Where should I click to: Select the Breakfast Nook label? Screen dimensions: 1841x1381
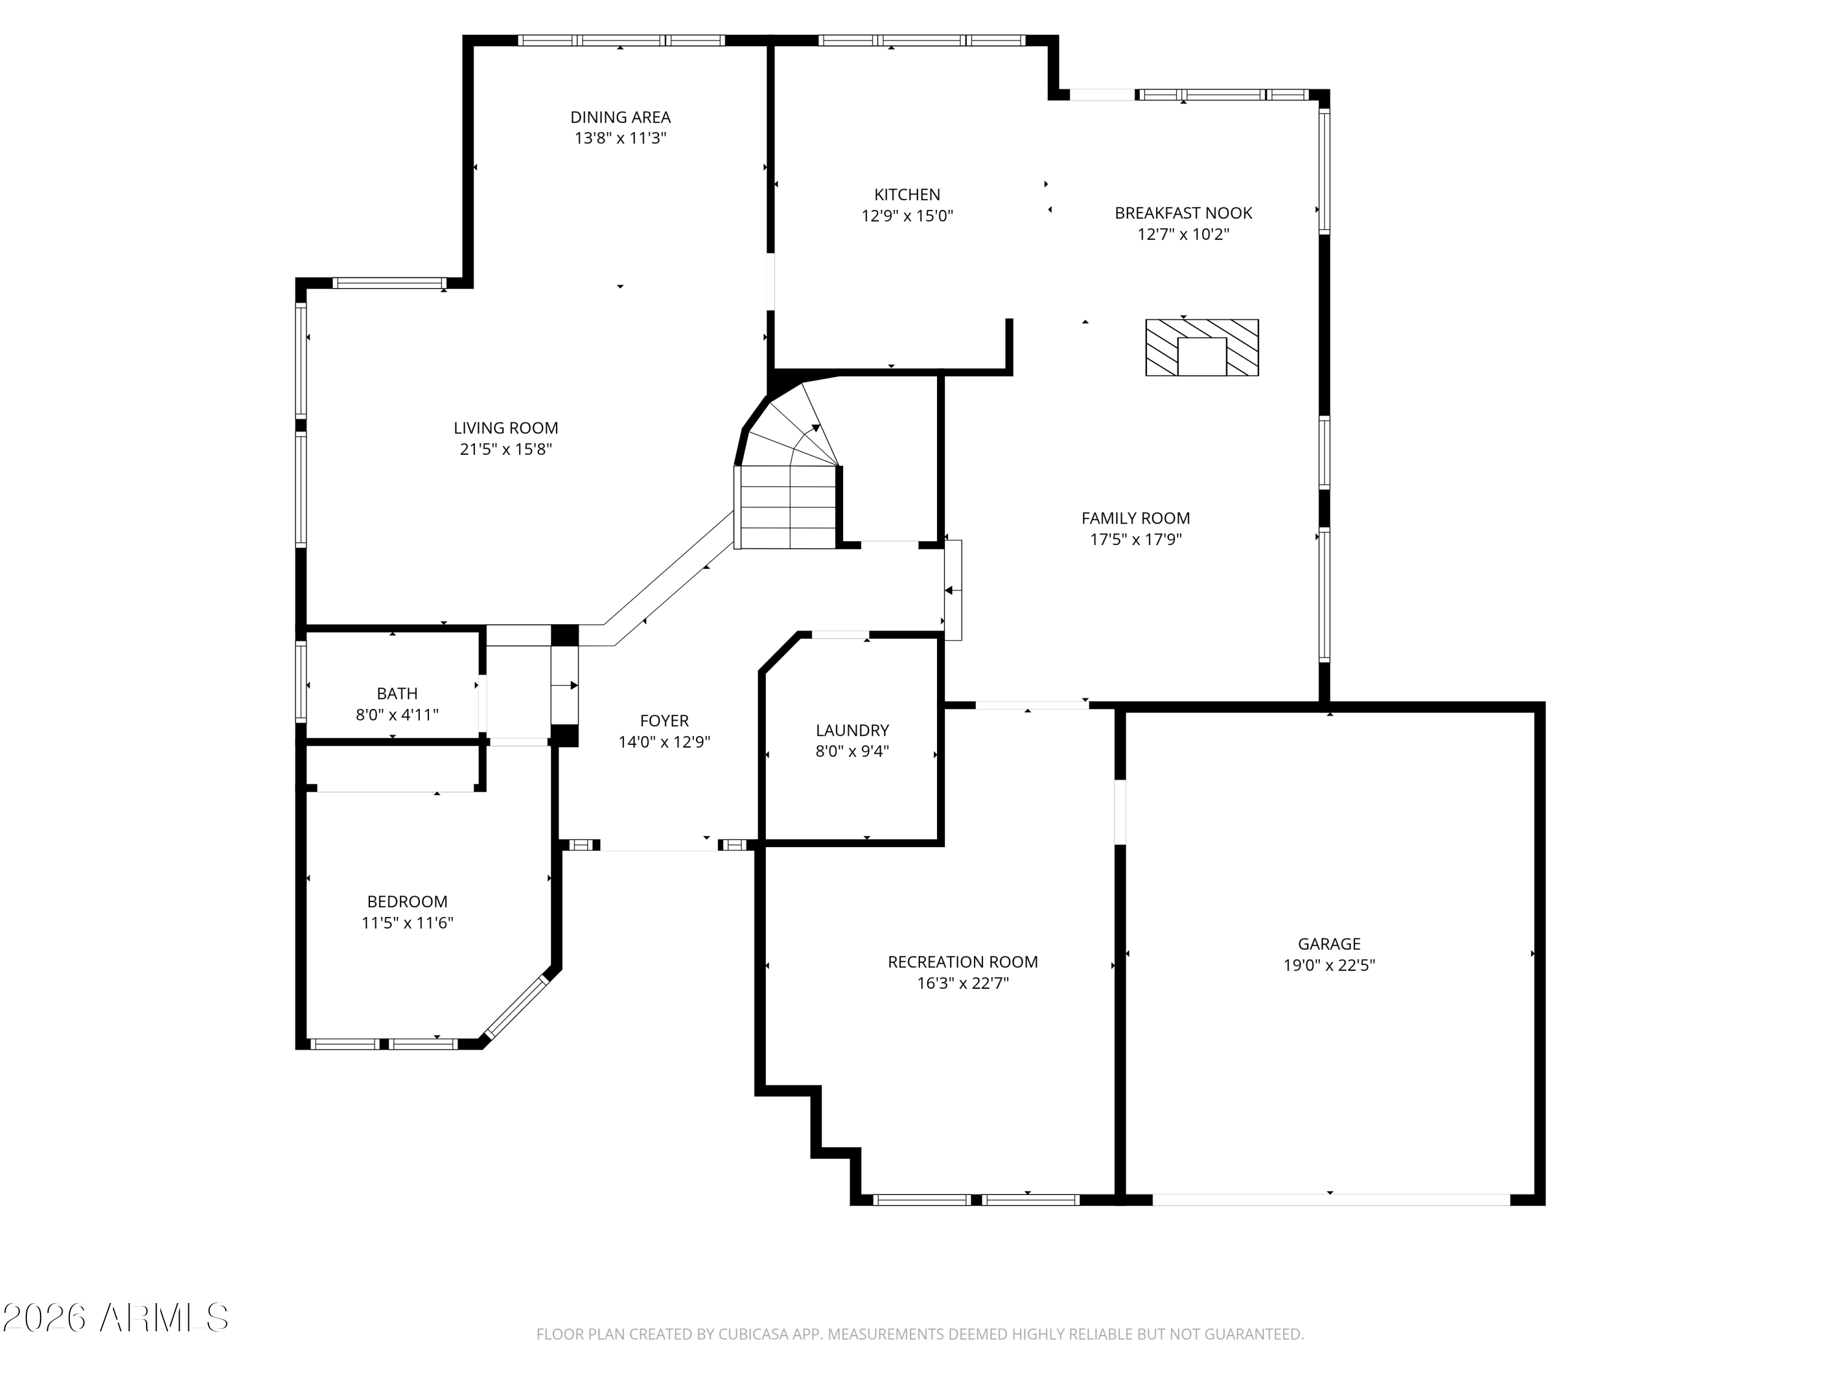click(x=1184, y=213)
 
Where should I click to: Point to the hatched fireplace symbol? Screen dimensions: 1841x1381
click(x=1202, y=347)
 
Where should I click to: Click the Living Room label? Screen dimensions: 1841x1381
click(x=506, y=428)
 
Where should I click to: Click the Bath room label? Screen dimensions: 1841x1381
click(x=397, y=694)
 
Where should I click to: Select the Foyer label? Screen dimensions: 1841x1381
click(x=664, y=721)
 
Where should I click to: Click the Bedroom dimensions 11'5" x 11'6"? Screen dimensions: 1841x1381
click(x=407, y=923)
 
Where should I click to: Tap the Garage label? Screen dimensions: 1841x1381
click(x=1329, y=944)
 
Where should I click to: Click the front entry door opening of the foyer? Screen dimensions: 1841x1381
click(x=659, y=846)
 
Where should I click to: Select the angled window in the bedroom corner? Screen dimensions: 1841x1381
click(x=517, y=1007)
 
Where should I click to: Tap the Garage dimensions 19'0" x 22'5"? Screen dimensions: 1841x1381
click(x=1329, y=965)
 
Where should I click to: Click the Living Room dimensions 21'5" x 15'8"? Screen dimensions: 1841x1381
click(x=506, y=449)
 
